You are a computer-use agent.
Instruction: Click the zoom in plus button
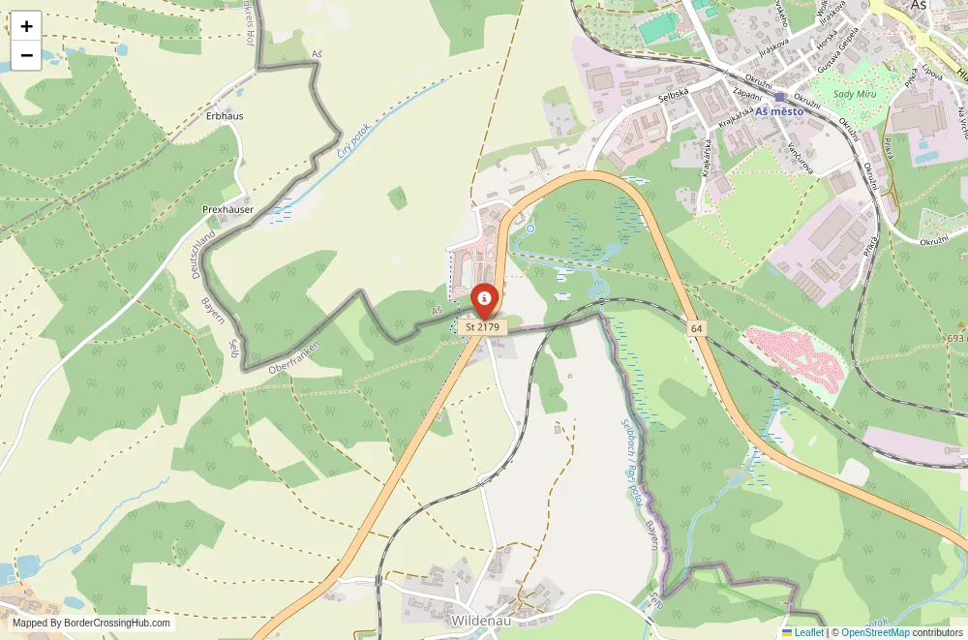coord(26,26)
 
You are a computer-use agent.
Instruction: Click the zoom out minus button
coord(26,55)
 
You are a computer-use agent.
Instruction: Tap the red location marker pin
coord(483,299)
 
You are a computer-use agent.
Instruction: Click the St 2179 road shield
coord(482,327)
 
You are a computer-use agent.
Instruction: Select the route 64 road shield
coord(696,329)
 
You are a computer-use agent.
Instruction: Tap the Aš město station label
coord(787,111)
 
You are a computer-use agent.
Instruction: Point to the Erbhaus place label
coord(225,116)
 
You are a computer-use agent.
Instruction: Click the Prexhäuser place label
coord(227,209)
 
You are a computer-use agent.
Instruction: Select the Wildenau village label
coord(481,620)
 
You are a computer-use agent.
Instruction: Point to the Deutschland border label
coord(202,255)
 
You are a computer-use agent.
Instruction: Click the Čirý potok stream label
coord(353,141)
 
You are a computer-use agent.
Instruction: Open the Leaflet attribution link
coord(802,632)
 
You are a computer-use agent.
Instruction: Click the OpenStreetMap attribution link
coord(875,632)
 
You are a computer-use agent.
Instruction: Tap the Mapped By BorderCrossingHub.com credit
coord(92,624)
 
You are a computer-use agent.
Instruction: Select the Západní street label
coord(747,94)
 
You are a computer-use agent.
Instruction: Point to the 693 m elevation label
coord(955,338)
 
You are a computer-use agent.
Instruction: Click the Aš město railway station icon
coord(779,98)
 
